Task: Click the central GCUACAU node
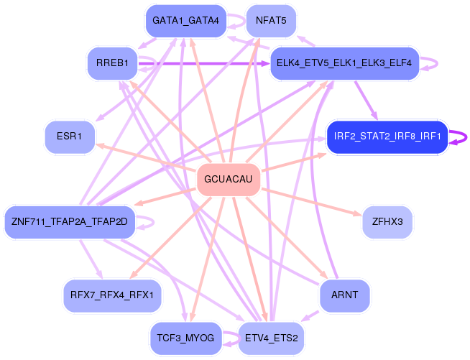[x=229, y=179]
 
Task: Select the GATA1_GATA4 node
[x=186, y=21]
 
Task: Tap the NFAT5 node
[x=271, y=21]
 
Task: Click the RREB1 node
[x=112, y=63]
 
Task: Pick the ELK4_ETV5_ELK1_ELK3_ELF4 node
[x=344, y=63]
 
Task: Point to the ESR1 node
[x=70, y=137]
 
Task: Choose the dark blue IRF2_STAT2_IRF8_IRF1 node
[x=387, y=137]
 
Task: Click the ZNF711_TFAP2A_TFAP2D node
[x=70, y=222]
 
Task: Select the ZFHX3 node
[x=387, y=222]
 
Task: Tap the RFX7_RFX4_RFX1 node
[x=112, y=295]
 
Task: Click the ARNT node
[x=344, y=295]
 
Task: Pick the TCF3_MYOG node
[x=186, y=338]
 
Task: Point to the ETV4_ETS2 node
[x=271, y=338]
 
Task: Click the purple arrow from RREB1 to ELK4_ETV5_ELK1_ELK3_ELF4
[x=204, y=63]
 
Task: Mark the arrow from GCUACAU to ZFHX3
[x=311, y=202]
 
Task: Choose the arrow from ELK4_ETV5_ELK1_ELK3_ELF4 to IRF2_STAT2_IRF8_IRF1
[x=367, y=101]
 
